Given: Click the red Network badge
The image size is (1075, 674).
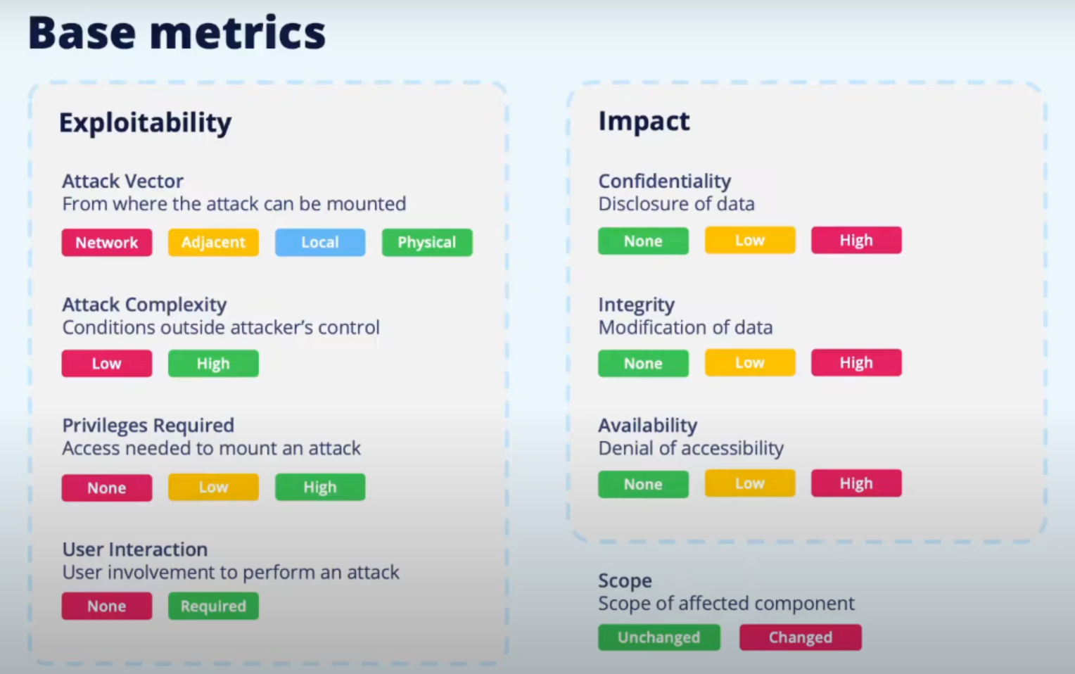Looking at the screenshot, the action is [x=106, y=243].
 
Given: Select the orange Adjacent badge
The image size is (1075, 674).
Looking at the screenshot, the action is [x=213, y=243].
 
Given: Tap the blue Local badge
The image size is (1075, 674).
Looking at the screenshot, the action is [x=320, y=243].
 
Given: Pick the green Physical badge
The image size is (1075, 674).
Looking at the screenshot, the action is [x=427, y=243].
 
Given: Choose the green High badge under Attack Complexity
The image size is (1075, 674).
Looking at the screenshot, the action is [x=213, y=364].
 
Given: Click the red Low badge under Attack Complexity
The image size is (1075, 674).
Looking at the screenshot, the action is [x=106, y=364].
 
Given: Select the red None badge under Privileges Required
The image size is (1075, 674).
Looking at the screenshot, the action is [x=106, y=488].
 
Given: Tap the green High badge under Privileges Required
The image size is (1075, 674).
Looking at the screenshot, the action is [x=320, y=488].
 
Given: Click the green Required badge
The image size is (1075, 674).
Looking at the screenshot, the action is [x=213, y=606].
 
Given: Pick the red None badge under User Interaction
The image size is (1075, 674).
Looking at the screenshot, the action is [x=106, y=606].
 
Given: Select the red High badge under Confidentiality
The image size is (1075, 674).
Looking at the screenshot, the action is [x=857, y=240].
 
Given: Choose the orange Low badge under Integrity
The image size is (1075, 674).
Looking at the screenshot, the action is [x=750, y=362].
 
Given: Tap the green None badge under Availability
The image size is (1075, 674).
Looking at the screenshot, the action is [x=643, y=484].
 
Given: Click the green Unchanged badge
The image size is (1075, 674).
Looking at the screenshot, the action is [x=659, y=637].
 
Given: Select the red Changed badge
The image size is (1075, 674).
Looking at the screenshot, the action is [x=801, y=637].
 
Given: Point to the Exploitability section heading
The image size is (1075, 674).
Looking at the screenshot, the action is [x=145, y=123].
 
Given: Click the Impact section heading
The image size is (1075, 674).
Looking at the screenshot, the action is [x=644, y=121].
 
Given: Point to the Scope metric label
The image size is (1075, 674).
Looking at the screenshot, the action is [x=625, y=581].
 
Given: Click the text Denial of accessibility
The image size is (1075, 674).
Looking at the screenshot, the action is [x=691, y=448].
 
